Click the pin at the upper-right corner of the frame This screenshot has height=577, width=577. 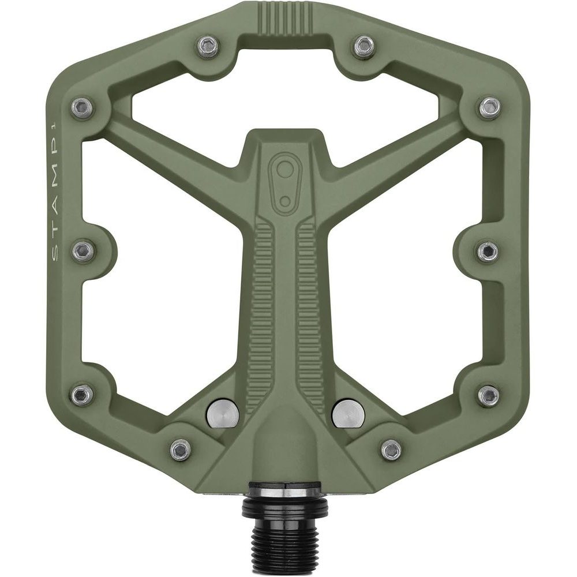click(x=489, y=106)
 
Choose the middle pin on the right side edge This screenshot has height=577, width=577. click(x=488, y=250)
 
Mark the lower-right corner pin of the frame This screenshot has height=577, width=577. click(x=489, y=394)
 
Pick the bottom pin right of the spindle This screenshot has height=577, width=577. click(x=392, y=448)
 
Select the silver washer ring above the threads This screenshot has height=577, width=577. click(x=286, y=489)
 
